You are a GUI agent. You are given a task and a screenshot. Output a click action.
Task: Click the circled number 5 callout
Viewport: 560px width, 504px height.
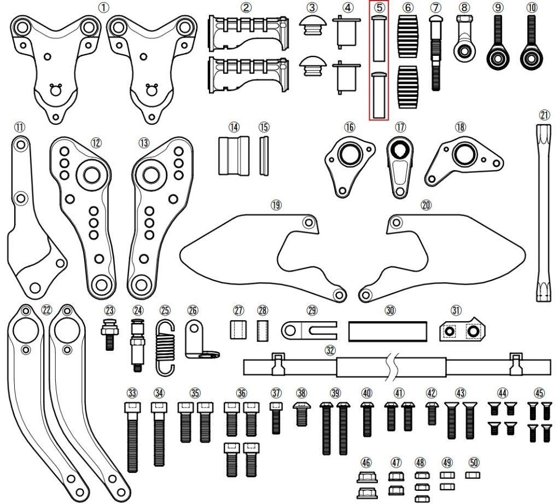(x=380, y=7)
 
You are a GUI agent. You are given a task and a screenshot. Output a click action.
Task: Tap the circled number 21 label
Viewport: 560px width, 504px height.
(x=544, y=115)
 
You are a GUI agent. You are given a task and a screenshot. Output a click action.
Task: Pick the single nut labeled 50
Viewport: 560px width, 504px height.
(x=474, y=475)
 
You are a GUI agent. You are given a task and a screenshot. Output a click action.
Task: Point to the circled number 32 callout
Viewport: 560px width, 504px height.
(x=330, y=350)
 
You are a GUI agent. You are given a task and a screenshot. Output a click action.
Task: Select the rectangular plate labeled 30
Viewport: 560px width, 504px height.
(x=388, y=332)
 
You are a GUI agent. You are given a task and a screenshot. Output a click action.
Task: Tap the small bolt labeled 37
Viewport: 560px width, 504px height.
(x=276, y=418)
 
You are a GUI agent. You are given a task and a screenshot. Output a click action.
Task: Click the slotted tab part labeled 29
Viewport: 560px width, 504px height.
(x=308, y=330)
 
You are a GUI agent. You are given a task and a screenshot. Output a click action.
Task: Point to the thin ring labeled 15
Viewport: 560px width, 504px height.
(x=264, y=155)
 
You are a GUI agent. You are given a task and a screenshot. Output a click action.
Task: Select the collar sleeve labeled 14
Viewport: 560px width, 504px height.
(x=234, y=155)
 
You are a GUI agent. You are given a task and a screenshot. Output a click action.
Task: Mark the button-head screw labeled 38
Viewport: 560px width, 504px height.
(x=301, y=414)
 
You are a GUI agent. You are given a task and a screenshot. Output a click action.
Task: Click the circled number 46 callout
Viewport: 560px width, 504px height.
(x=366, y=462)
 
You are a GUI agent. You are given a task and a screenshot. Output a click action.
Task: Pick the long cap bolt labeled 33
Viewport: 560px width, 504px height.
(x=132, y=437)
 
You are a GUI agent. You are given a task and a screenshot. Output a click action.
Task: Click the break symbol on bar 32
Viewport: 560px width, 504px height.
(x=392, y=367)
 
